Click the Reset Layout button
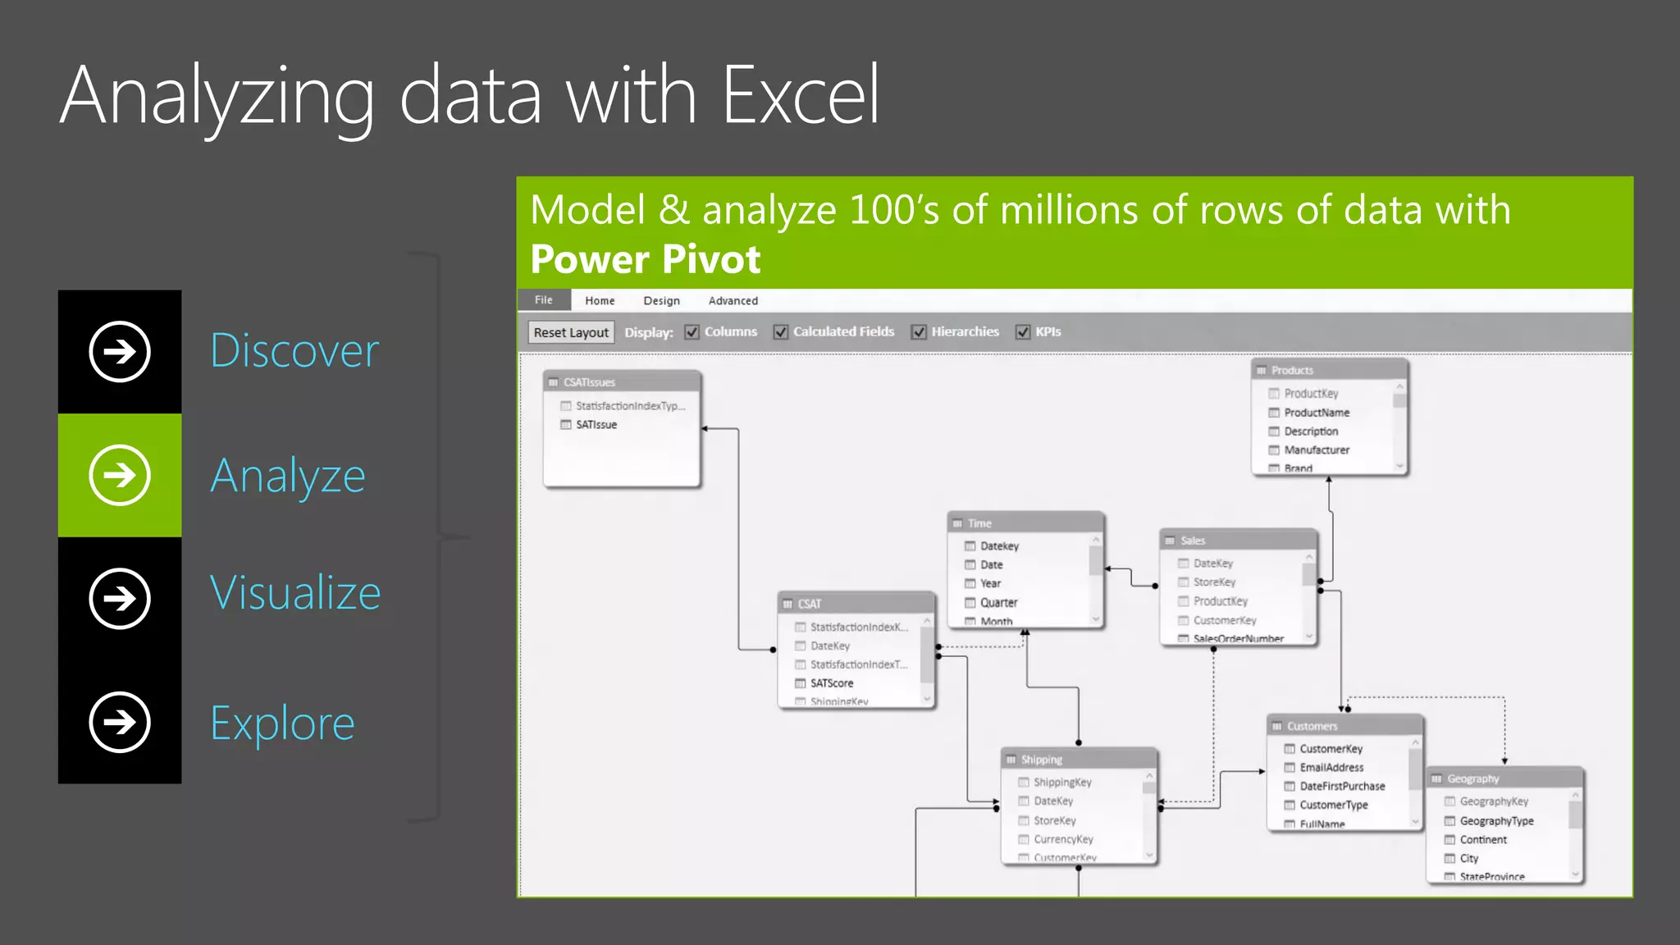(571, 332)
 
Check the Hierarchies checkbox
(919, 332)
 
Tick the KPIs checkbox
(1023, 332)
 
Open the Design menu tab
(661, 301)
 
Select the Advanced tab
(733, 301)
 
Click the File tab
(544, 300)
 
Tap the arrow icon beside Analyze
(120, 476)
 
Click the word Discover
(294, 351)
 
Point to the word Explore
(282, 724)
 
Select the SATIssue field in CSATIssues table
(596, 425)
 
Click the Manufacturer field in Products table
(1316, 450)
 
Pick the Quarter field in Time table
(998, 602)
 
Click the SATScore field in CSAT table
(831, 683)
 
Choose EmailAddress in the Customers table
(1331, 768)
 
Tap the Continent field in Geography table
(1482, 840)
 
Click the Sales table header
(1237, 541)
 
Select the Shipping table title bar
(1078, 760)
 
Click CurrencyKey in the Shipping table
(1063, 839)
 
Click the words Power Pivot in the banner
(646, 259)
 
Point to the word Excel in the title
(800, 96)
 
